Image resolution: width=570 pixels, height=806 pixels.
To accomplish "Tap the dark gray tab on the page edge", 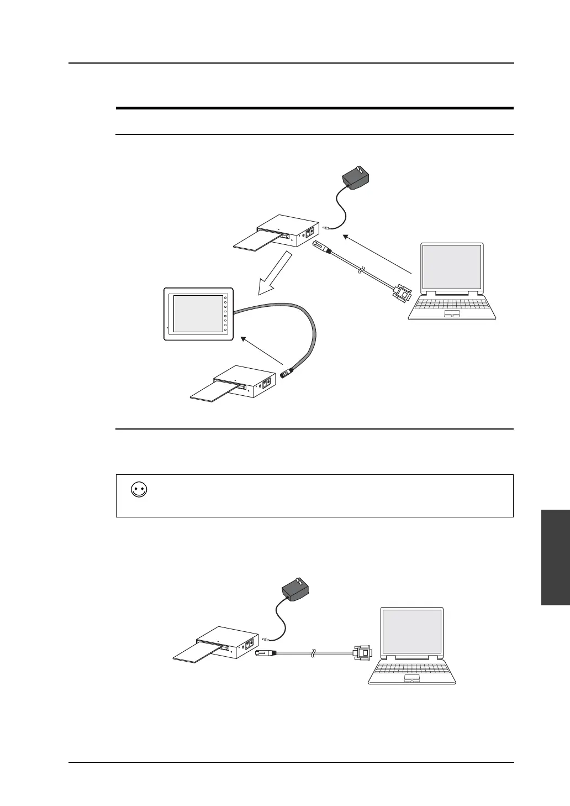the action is [556, 558].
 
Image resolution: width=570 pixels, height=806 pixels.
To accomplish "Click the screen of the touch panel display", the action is [197, 313].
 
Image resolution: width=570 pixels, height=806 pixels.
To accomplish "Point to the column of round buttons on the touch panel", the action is [226, 315].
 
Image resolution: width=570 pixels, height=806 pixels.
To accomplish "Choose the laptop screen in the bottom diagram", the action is [412, 632].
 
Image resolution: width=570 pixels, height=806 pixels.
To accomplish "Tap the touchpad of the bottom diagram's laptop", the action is [411, 678].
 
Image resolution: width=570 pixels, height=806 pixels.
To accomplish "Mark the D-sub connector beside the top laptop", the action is [402, 292].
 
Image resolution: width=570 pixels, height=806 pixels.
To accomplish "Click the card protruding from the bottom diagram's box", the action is [196, 652].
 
